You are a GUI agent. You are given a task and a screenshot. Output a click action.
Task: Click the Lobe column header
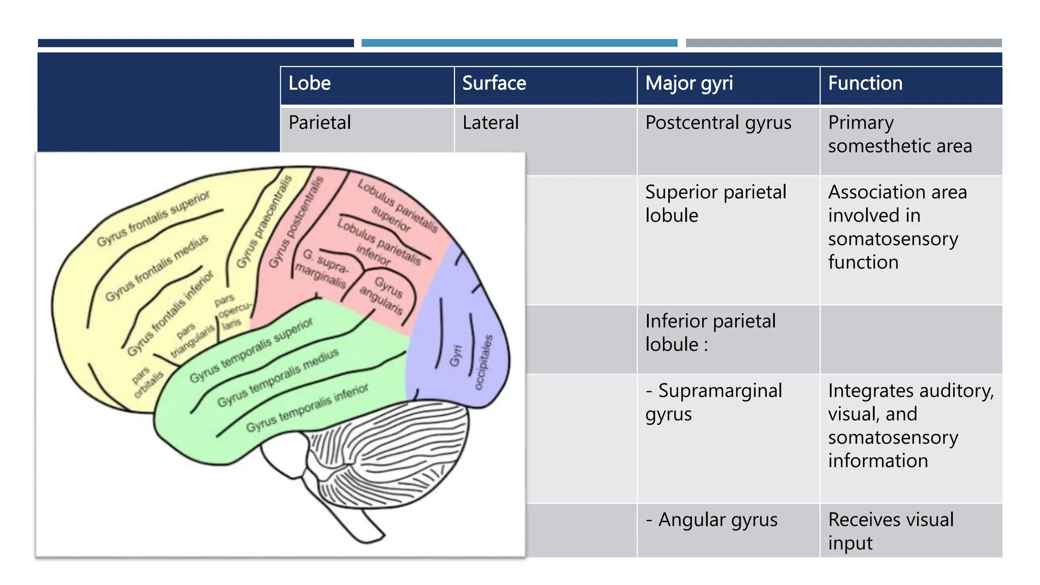(310, 83)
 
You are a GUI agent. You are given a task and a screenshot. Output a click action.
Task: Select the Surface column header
(494, 83)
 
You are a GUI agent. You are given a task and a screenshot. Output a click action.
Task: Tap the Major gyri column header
(689, 83)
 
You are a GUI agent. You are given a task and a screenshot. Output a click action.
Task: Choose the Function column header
(865, 83)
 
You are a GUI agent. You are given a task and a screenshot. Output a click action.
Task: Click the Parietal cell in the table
(320, 123)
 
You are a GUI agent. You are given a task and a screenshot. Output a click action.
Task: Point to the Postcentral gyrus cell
(718, 123)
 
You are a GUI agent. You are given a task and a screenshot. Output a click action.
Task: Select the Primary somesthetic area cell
(899, 135)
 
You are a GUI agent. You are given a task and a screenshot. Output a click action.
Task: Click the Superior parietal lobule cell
(716, 204)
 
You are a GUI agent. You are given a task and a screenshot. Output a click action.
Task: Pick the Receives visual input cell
(891, 531)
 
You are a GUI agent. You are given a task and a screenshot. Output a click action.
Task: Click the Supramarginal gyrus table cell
(713, 402)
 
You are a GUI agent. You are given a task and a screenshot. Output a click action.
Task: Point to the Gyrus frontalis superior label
(153, 218)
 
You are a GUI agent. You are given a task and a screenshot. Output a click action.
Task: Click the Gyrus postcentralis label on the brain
(296, 222)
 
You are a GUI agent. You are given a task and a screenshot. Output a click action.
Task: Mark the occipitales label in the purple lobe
(483, 362)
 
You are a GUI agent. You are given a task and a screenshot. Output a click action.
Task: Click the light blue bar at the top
(519, 43)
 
